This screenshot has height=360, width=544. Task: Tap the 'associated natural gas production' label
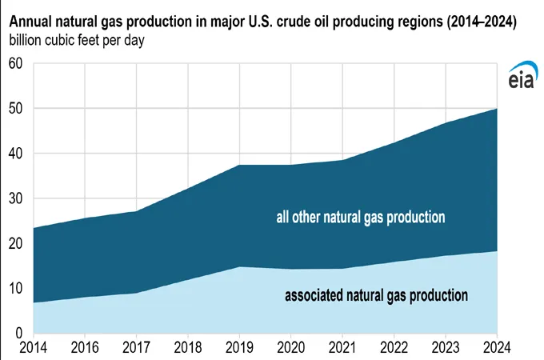[x=376, y=295]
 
